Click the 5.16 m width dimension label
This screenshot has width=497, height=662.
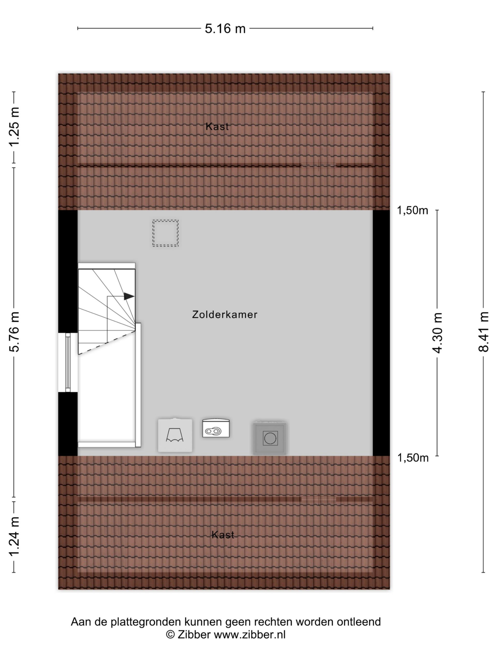pyautogui.click(x=225, y=29)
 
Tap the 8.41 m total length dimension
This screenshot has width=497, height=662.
pyautogui.click(x=484, y=332)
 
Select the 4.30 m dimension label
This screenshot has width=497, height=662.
pyautogui.click(x=438, y=333)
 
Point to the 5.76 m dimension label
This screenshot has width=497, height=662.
pyautogui.click(x=14, y=332)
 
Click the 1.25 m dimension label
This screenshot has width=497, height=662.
pyautogui.click(x=14, y=127)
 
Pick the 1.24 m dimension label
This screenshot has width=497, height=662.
pyautogui.click(x=14, y=537)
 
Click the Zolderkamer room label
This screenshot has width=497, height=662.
pyautogui.click(x=225, y=314)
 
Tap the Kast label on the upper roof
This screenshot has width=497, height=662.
pyautogui.click(x=217, y=127)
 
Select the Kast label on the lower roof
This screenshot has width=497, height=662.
pyautogui.click(x=223, y=535)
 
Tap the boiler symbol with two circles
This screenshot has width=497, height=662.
pyautogui.click(x=216, y=428)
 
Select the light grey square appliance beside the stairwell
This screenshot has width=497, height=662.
pyautogui.click(x=175, y=435)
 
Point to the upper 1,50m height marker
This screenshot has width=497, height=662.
pyautogui.click(x=413, y=211)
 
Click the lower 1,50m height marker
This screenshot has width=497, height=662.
pyautogui.click(x=413, y=458)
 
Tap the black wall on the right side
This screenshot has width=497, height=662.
pyautogui.click(x=381, y=333)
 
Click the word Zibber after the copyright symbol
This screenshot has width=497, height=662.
pyautogui.click(x=194, y=635)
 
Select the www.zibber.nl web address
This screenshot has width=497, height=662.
pyautogui.click(x=250, y=635)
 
